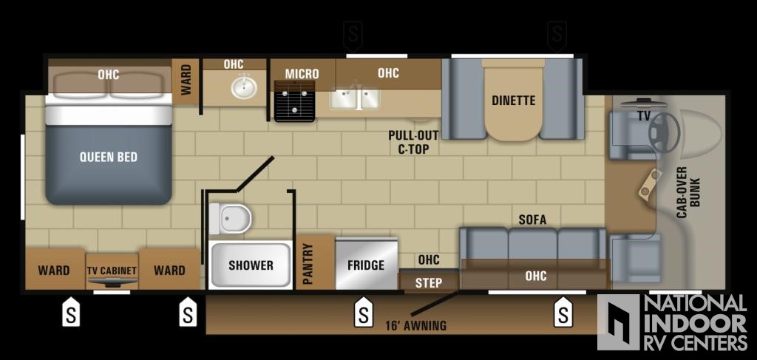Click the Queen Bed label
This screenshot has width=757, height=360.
coord(108,157)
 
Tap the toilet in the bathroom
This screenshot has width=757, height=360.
coord(231,219)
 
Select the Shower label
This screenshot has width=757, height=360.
coord(251,265)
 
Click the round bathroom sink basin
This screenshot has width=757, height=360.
coord(244,87)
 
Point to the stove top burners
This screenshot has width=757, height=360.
coord(294,101)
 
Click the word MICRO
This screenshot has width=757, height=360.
coord(302,74)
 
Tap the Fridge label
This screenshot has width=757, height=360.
coord(366,265)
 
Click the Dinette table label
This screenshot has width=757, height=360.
coord(514,101)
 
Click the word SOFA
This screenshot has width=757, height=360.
coord(532,220)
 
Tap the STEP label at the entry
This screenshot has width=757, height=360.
coord(429,283)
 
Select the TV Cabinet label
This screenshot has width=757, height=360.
coord(112,271)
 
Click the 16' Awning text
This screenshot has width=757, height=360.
coord(415,325)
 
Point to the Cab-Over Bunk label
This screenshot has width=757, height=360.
coord(688,191)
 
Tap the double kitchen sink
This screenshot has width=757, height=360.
coord(354,98)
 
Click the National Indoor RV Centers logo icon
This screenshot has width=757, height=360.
coord(619,322)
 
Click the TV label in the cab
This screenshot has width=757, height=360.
coord(644,116)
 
